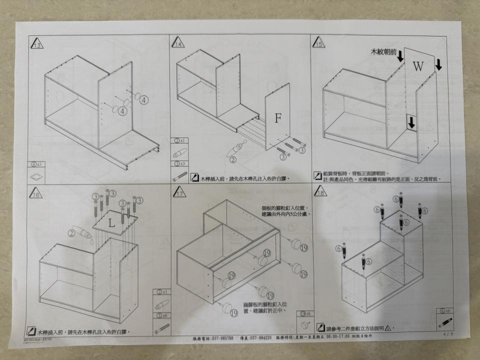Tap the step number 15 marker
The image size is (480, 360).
click(318, 43)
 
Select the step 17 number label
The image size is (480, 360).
click(179, 192)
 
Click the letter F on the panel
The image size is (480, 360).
click(278, 118)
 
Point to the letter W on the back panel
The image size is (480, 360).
click(418, 66)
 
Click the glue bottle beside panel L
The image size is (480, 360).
click(82, 232)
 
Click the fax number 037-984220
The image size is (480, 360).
click(258, 338)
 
